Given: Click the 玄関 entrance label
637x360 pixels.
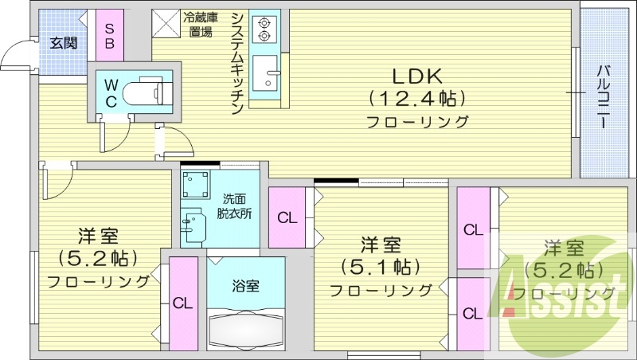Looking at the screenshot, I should click(63, 43).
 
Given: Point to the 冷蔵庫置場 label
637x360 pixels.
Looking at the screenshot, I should click(200, 25).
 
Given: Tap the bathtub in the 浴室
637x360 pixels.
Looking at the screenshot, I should click(245, 327).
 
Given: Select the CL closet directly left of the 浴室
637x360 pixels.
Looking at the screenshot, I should click(183, 303).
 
